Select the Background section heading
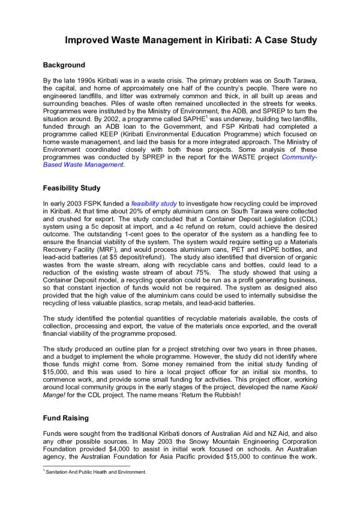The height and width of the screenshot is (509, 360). coord(65,65)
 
